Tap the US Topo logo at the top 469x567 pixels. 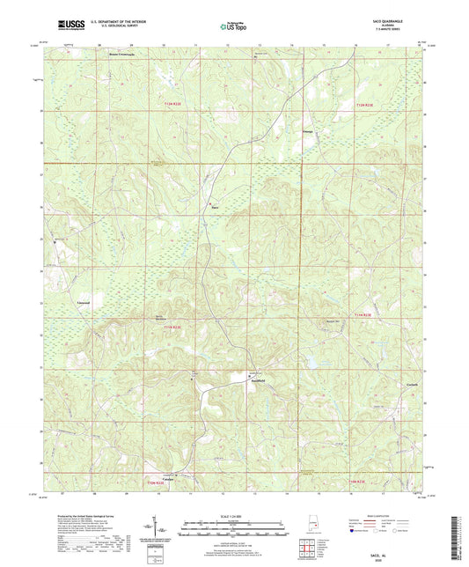pyautogui.click(x=233, y=26)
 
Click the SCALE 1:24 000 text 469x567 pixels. pyautogui.click(x=234, y=516)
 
